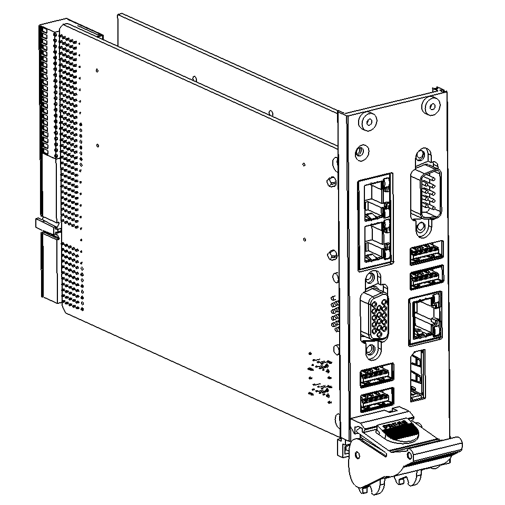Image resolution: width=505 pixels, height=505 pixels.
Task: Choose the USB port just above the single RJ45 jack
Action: tap(425, 277)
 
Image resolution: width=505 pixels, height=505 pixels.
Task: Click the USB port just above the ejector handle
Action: tap(377, 401)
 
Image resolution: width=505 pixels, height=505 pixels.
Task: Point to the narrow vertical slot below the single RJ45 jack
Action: tap(417, 375)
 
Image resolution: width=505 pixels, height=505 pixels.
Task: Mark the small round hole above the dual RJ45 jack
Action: tap(361, 152)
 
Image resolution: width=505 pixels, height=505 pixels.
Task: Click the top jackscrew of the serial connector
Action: tap(422, 157)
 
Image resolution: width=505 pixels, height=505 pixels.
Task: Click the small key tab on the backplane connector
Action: tap(47, 225)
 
